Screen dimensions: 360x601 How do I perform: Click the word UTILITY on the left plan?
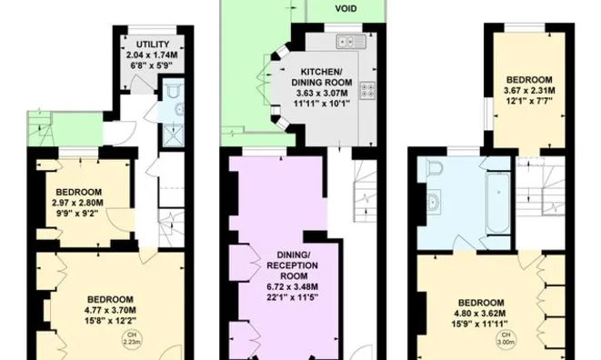pos(152,45)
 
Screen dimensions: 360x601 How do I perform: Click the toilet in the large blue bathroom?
pos(434,169)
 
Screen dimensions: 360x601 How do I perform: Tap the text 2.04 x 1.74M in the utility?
pos(152,56)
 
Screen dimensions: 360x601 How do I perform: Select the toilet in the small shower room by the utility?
pos(173,93)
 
